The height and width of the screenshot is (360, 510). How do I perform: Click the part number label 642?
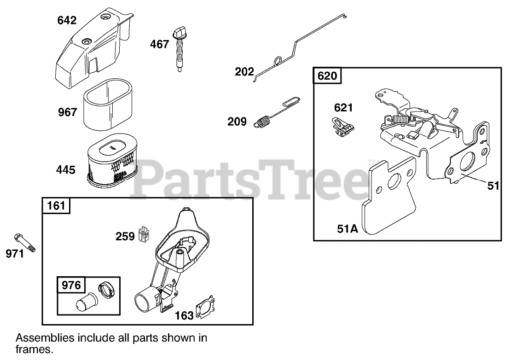click(x=67, y=20)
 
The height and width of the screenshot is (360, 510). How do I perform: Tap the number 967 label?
click(x=67, y=112)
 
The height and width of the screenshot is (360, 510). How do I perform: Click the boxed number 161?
click(x=57, y=205)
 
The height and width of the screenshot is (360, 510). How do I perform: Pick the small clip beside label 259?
click(x=145, y=235)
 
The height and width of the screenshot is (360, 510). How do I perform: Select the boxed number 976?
click(x=71, y=285)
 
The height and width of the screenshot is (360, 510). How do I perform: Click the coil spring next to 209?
click(x=263, y=123)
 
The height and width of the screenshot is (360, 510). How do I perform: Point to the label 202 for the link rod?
click(x=244, y=72)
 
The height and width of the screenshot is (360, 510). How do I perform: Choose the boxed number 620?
click(x=327, y=75)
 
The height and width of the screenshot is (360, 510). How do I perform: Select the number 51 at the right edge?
click(x=493, y=186)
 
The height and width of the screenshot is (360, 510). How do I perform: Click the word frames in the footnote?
click(x=34, y=349)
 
